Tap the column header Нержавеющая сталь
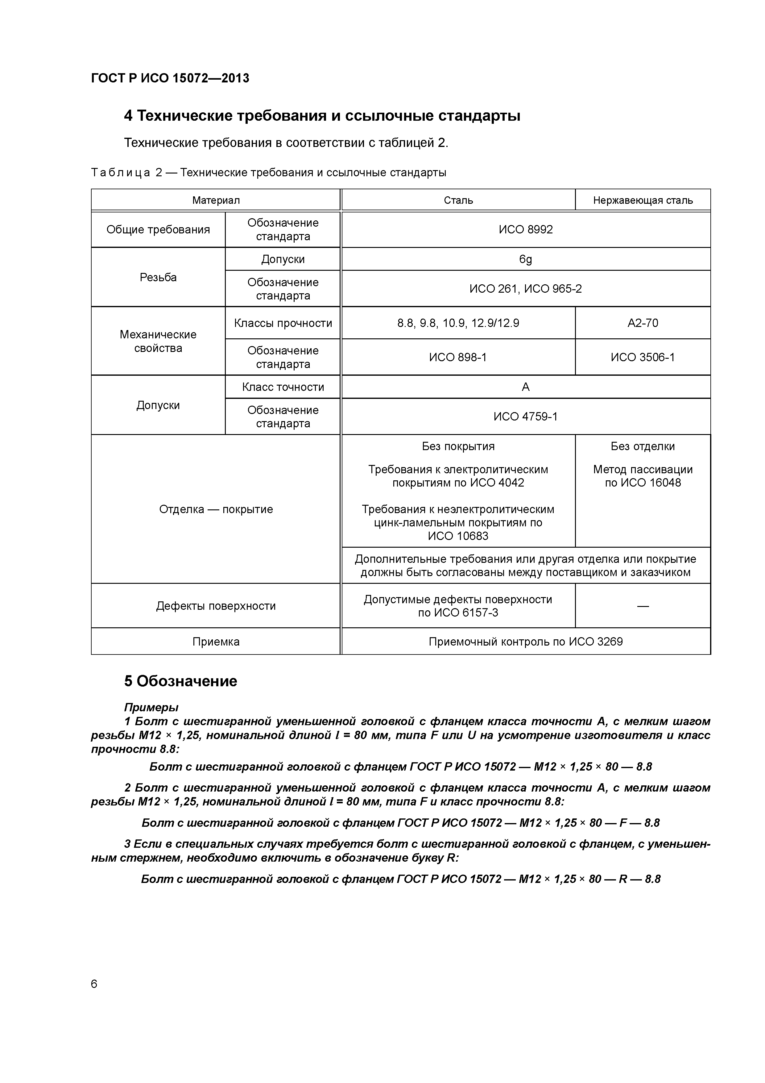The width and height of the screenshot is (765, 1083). point(643,200)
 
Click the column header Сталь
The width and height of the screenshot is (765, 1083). point(458,200)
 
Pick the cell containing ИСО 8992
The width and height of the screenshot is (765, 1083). point(526,230)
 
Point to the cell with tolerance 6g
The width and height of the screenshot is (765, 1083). point(526,259)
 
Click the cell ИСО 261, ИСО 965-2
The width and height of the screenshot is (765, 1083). point(526,289)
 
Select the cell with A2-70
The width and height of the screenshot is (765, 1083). point(643,323)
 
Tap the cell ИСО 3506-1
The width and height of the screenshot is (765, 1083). point(643,358)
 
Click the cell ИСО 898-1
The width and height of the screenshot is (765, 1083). point(458,358)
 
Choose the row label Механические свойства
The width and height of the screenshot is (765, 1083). point(158,341)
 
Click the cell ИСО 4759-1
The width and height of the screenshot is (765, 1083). point(526,416)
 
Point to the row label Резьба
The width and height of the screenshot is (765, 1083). point(158,277)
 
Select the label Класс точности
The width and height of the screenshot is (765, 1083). point(283,387)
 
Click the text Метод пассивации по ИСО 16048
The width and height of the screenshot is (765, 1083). point(643,476)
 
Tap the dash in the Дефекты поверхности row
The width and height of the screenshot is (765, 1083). point(643,606)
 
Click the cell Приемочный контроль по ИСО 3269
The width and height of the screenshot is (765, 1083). point(526,642)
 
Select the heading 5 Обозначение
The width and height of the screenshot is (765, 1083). point(180,681)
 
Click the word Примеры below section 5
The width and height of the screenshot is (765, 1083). point(151,708)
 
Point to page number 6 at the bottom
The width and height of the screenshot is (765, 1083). point(94,984)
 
